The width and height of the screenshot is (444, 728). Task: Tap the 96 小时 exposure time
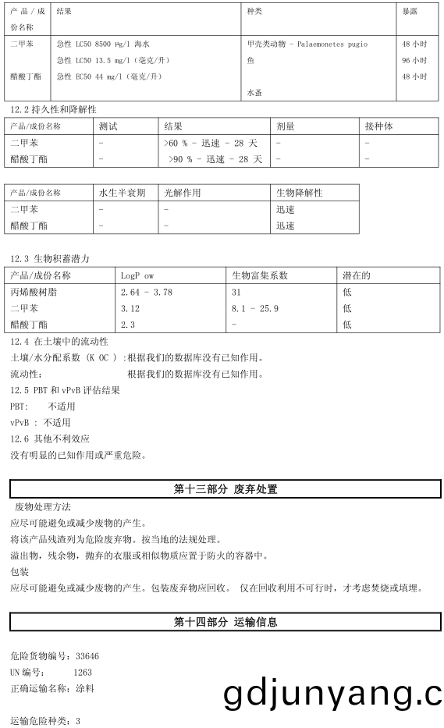414,61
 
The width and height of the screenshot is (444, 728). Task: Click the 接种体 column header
379,126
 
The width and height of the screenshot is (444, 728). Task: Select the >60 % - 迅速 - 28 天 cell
210,143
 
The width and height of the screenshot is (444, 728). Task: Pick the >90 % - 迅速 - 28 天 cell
215,159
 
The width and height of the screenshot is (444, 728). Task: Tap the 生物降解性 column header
299,193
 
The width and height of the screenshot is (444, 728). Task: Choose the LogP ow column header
137,275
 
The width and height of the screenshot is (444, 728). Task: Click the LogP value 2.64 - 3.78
147,292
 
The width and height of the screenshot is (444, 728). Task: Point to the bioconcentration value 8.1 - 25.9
255,308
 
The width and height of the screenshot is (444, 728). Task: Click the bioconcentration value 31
236,292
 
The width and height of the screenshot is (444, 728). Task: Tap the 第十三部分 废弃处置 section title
225,490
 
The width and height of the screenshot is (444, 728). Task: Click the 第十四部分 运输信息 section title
225,622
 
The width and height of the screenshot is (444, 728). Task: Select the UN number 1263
83,672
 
